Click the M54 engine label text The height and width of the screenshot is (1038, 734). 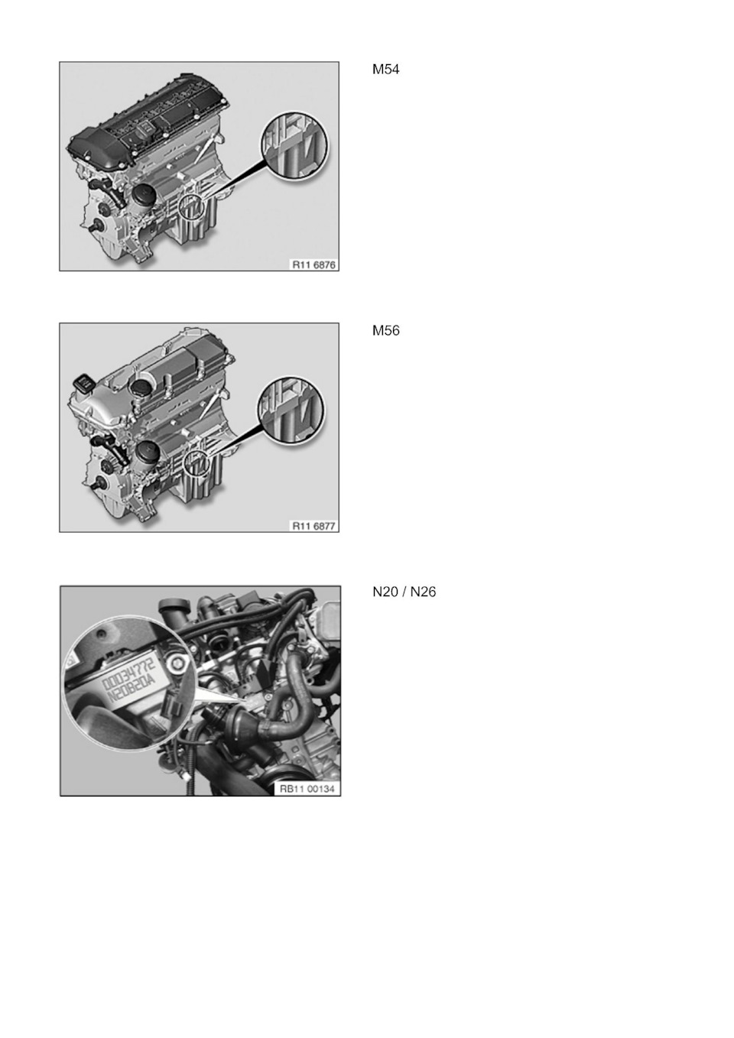[385, 70]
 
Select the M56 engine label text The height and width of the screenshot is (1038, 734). [385, 331]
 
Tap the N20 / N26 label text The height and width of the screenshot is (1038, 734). [404, 592]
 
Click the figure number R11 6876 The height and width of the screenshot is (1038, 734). [313, 265]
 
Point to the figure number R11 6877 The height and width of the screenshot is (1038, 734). [313, 526]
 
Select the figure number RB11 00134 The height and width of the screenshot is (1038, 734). [307, 789]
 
